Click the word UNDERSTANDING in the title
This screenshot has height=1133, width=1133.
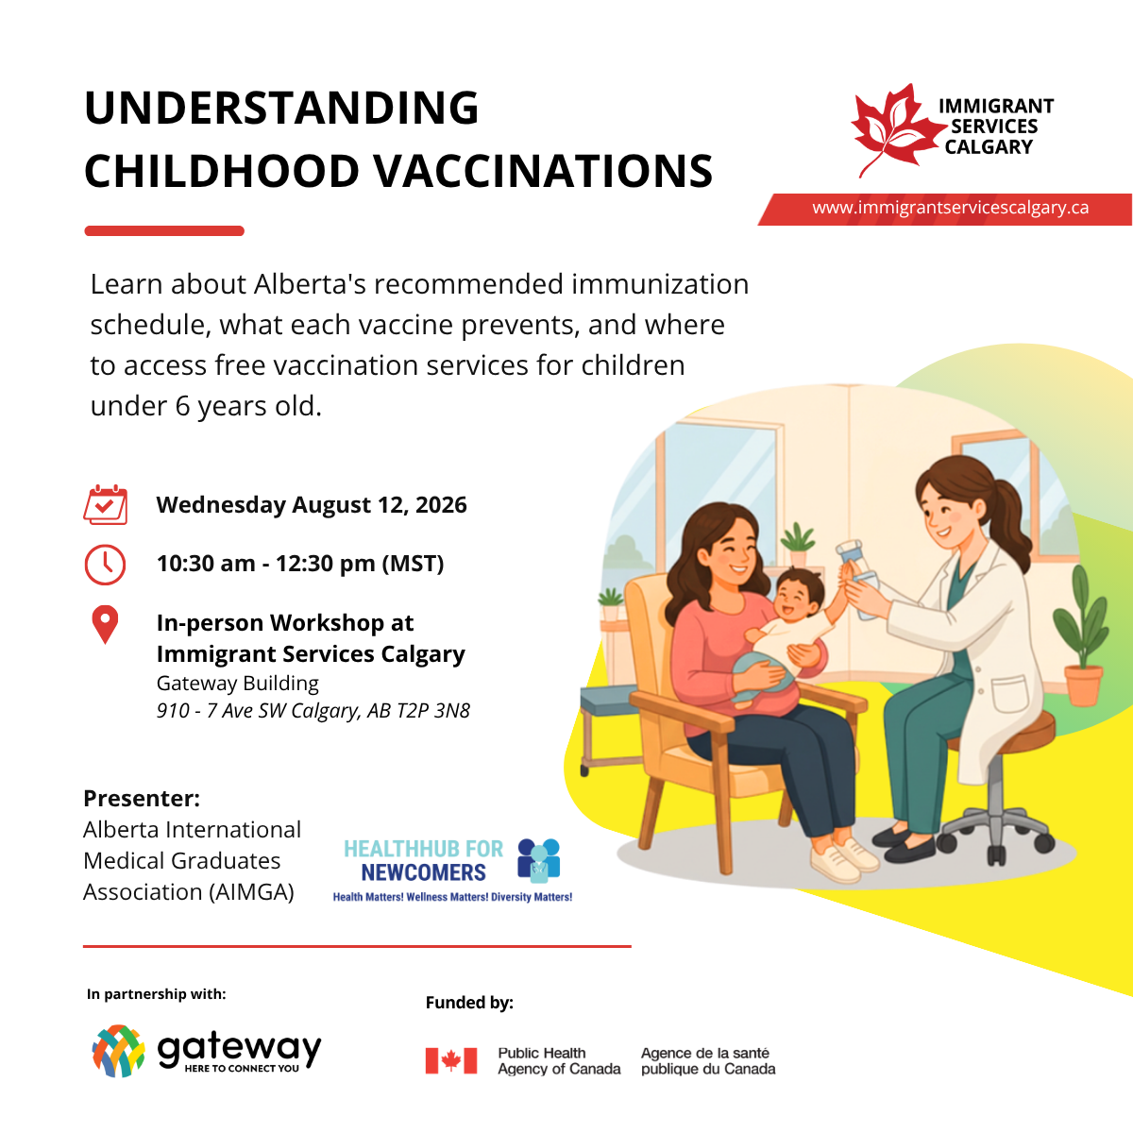[281, 108]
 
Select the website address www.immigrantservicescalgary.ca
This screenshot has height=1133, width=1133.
[950, 208]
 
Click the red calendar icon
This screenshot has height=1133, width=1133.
[105, 504]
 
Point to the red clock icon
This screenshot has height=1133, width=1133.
[105, 565]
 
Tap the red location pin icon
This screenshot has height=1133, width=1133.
[105, 624]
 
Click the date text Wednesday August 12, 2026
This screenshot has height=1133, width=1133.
[312, 505]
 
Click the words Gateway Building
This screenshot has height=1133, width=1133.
[238, 684]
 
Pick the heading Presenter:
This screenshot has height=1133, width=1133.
[142, 799]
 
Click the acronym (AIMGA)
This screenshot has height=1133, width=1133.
[251, 892]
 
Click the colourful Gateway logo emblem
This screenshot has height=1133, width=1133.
[118, 1051]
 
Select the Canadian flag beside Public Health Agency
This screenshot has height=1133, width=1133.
[451, 1060]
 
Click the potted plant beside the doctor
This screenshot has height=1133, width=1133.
[1081, 636]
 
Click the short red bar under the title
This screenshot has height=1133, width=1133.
[164, 231]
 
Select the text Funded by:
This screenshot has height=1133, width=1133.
[469, 1003]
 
